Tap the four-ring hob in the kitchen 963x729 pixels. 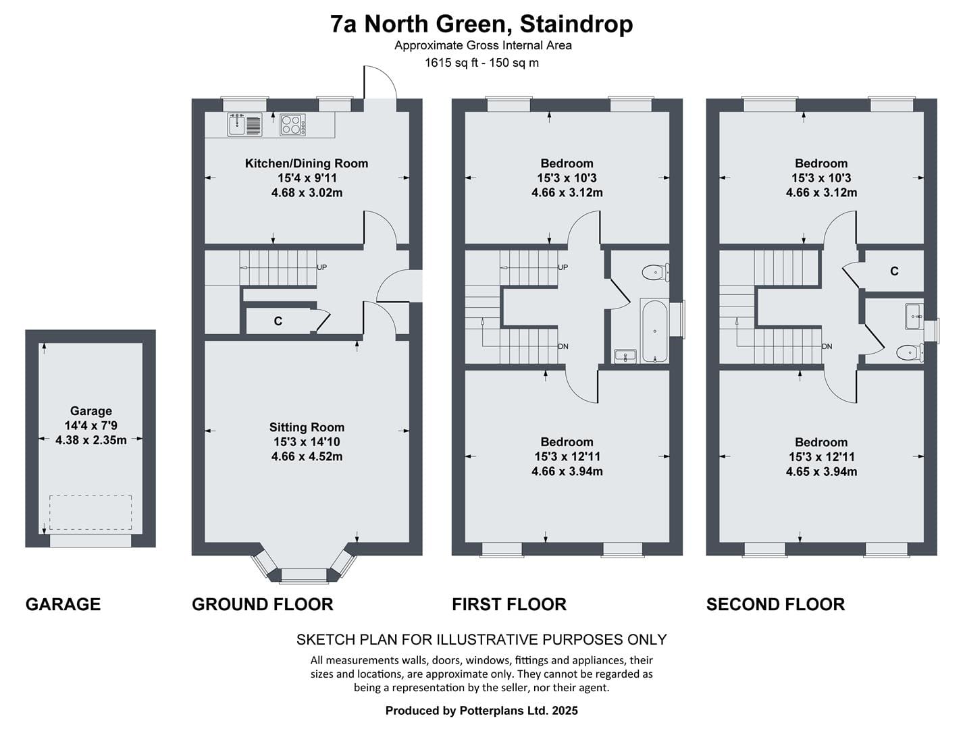(292, 124)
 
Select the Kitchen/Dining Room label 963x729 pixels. (306, 163)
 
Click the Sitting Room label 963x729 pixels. (307, 427)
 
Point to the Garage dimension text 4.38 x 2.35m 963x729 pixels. (90, 440)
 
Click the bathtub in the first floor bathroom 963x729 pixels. (654, 331)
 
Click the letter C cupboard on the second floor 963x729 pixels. (894, 271)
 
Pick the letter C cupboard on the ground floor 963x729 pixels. (278, 321)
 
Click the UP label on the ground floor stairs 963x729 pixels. (321, 267)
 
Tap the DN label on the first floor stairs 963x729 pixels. (563, 346)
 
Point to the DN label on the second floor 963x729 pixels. (827, 346)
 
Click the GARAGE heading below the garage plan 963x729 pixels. (63, 604)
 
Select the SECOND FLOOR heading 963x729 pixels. (775, 604)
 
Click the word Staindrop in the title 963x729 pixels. (577, 24)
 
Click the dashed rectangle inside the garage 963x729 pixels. (90, 512)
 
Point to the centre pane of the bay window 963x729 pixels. (304, 576)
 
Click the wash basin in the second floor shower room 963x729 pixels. (914, 317)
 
